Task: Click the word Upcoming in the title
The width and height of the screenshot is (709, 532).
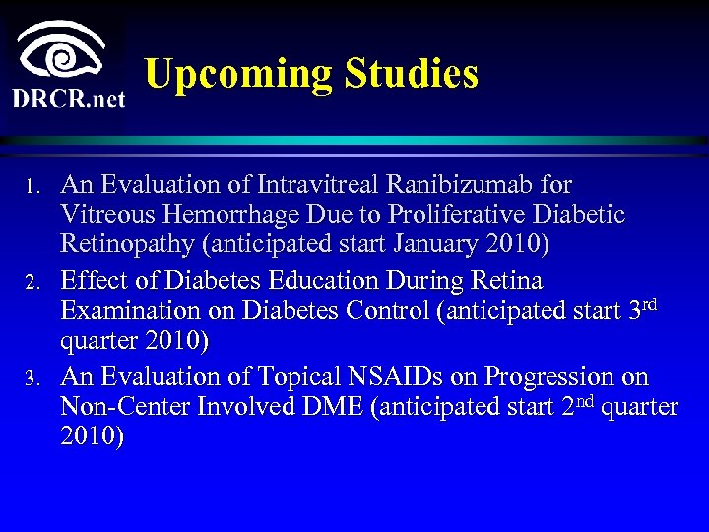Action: (237, 75)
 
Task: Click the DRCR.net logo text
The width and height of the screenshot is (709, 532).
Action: (69, 100)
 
